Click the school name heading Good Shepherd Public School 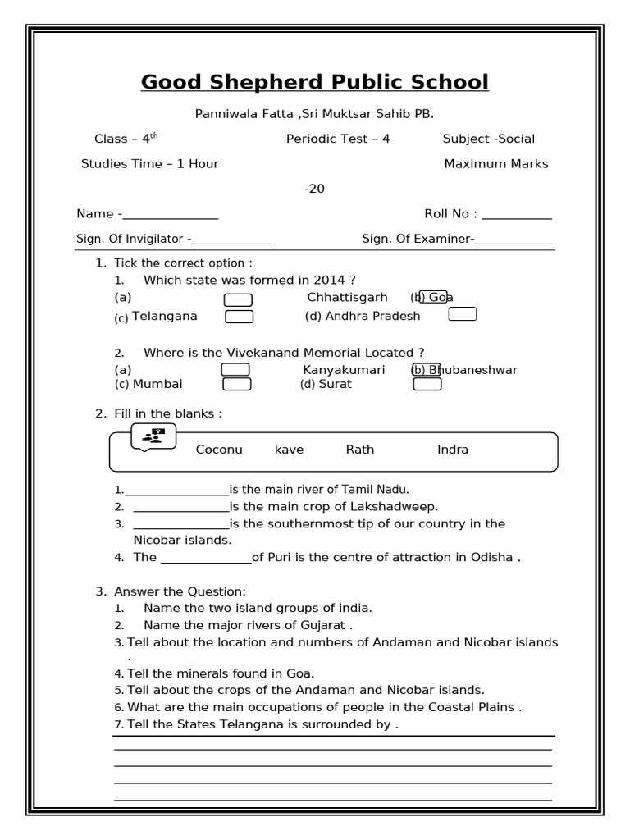314,82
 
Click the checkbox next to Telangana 240,317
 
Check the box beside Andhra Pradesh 462,314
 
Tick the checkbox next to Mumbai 237,384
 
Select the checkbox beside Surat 427,384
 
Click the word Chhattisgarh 347,298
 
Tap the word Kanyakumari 344,370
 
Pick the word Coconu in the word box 219,450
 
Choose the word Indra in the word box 453,450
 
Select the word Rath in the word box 360,450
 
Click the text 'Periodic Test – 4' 338,139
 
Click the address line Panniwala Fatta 314,114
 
